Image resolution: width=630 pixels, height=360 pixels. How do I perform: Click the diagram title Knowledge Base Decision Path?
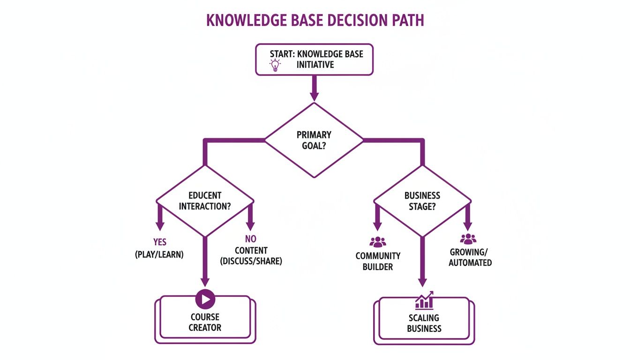(315, 21)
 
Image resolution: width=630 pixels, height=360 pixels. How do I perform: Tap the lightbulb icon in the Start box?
(275, 65)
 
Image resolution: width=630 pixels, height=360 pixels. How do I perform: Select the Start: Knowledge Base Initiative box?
(314, 60)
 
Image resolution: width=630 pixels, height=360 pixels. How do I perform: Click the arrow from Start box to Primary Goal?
(314, 88)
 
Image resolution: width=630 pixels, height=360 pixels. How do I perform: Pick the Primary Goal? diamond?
(314, 140)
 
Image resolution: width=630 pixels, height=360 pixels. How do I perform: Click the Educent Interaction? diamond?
(204, 201)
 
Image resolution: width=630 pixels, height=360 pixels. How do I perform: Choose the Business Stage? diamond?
(422, 201)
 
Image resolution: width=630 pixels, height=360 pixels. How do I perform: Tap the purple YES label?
(160, 242)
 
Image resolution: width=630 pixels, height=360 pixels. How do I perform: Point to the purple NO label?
(251, 239)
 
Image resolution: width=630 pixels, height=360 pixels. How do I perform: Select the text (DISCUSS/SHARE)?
(251, 261)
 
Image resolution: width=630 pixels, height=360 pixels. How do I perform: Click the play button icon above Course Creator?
(205, 299)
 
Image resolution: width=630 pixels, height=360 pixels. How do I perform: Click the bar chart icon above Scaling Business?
(424, 300)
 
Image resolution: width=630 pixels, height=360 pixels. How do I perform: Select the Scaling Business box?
(424, 323)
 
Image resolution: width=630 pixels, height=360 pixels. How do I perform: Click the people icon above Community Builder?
(378, 242)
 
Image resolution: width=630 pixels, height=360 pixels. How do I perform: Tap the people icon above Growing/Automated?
(468, 239)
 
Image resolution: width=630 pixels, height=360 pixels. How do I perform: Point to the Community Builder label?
(378, 261)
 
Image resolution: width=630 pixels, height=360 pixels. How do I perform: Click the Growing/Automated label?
(470, 257)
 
